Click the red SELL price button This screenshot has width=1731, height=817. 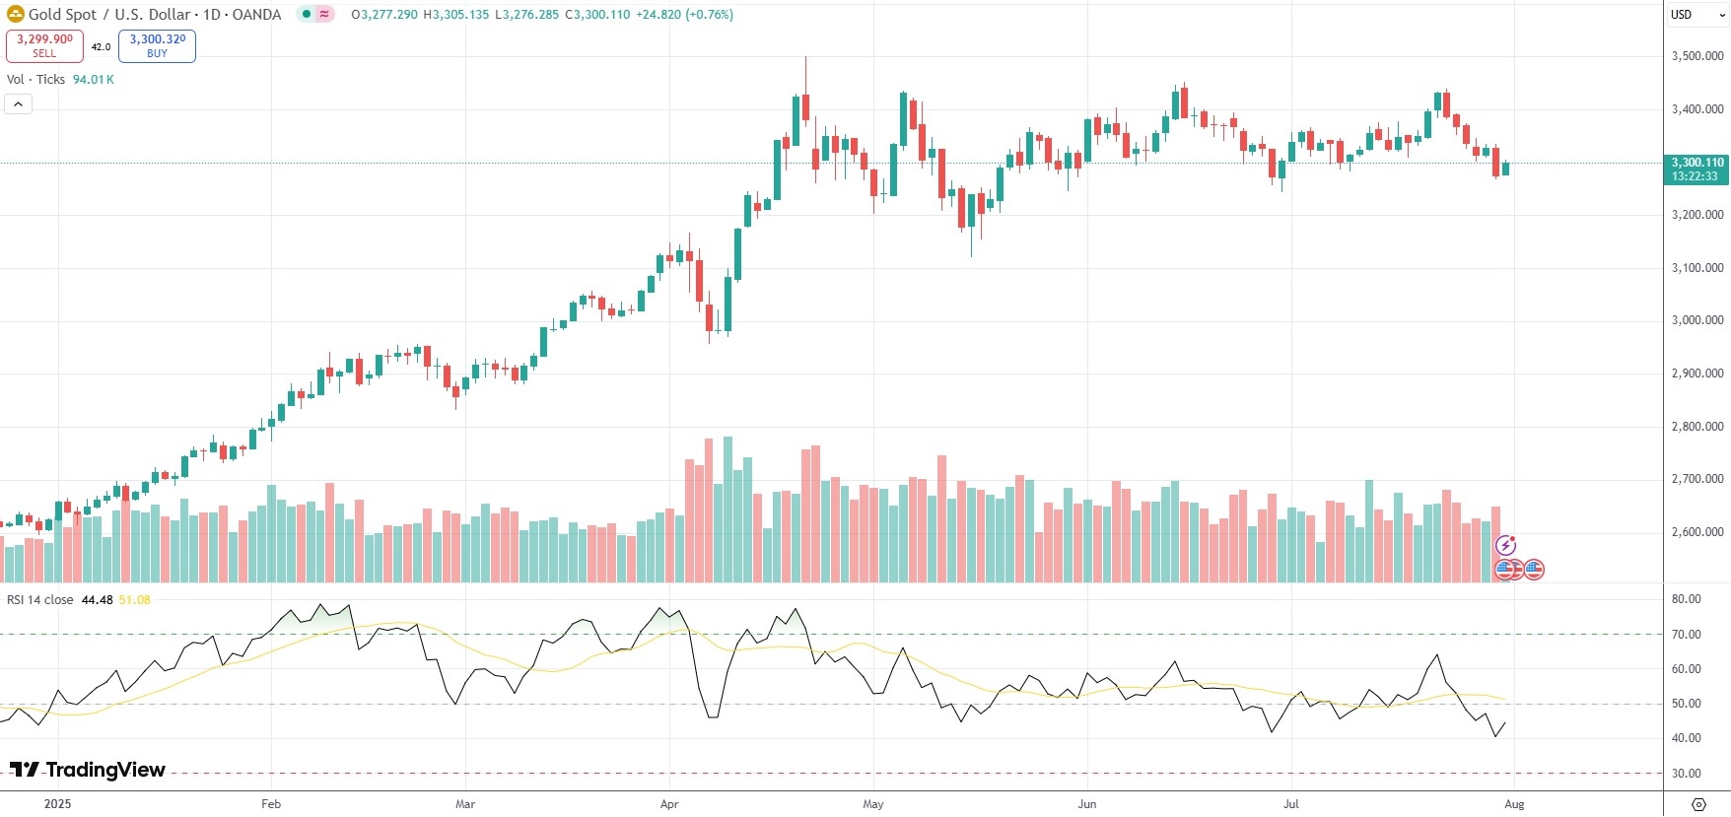44,45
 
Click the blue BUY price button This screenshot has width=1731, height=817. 157,45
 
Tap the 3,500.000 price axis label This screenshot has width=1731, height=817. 1697,56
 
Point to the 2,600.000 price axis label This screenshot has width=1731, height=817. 1697,532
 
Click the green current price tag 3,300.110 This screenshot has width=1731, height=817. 1697,170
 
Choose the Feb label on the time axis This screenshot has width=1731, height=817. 271,804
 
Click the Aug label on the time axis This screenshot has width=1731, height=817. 1514,804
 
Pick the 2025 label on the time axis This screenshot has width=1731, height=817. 57,804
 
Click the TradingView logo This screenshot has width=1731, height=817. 88,770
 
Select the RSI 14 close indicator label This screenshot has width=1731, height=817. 40,600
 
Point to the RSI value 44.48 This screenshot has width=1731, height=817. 97,600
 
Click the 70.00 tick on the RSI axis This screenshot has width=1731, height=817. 1687,635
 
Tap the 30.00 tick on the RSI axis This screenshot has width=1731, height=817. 1687,774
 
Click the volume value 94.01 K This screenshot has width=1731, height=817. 94,80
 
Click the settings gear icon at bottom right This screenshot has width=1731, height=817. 1698,804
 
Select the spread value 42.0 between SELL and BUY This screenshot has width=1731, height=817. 101,47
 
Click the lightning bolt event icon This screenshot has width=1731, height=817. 1505,545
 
